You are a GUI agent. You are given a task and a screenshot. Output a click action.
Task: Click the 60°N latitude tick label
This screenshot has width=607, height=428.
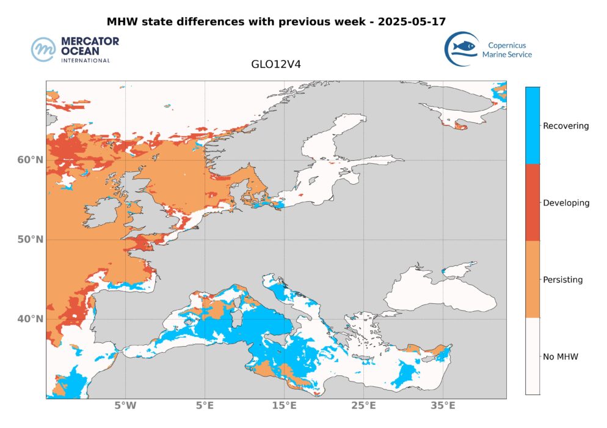[30, 160]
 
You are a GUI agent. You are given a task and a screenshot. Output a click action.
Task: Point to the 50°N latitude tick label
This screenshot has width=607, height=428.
[30, 240]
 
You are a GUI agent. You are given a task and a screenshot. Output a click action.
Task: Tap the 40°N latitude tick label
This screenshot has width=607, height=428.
[30, 319]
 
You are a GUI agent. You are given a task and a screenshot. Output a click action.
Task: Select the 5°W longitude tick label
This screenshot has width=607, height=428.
[125, 406]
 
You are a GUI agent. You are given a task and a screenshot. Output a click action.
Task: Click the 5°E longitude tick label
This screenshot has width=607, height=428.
[205, 406]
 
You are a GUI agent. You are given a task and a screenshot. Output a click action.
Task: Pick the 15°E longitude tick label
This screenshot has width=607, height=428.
[284, 406]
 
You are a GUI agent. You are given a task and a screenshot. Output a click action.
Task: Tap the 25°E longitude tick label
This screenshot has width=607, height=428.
[363, 406]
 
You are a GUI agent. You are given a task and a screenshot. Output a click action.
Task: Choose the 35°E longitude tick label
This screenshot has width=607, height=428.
[443, 406]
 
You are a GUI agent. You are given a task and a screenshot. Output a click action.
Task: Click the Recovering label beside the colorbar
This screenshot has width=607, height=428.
[566, 126]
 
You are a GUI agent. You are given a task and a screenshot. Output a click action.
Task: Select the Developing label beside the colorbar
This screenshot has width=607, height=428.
[566, 203]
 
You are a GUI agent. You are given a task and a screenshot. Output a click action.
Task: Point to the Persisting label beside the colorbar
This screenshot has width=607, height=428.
[562, 280]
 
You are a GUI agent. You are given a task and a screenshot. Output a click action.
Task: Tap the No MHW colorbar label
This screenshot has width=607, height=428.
[560, 356]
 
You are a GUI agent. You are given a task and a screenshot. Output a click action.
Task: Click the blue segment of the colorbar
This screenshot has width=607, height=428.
[532, 125]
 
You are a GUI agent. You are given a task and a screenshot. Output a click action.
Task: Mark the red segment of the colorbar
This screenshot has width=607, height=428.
[532, 202]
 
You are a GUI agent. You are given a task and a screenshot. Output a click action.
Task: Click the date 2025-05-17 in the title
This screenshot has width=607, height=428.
[412, 21]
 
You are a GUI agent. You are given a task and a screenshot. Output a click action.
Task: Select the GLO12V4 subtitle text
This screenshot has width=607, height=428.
[276, 63]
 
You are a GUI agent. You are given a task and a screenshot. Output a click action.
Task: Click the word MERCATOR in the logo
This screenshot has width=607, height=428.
[90, 42]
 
